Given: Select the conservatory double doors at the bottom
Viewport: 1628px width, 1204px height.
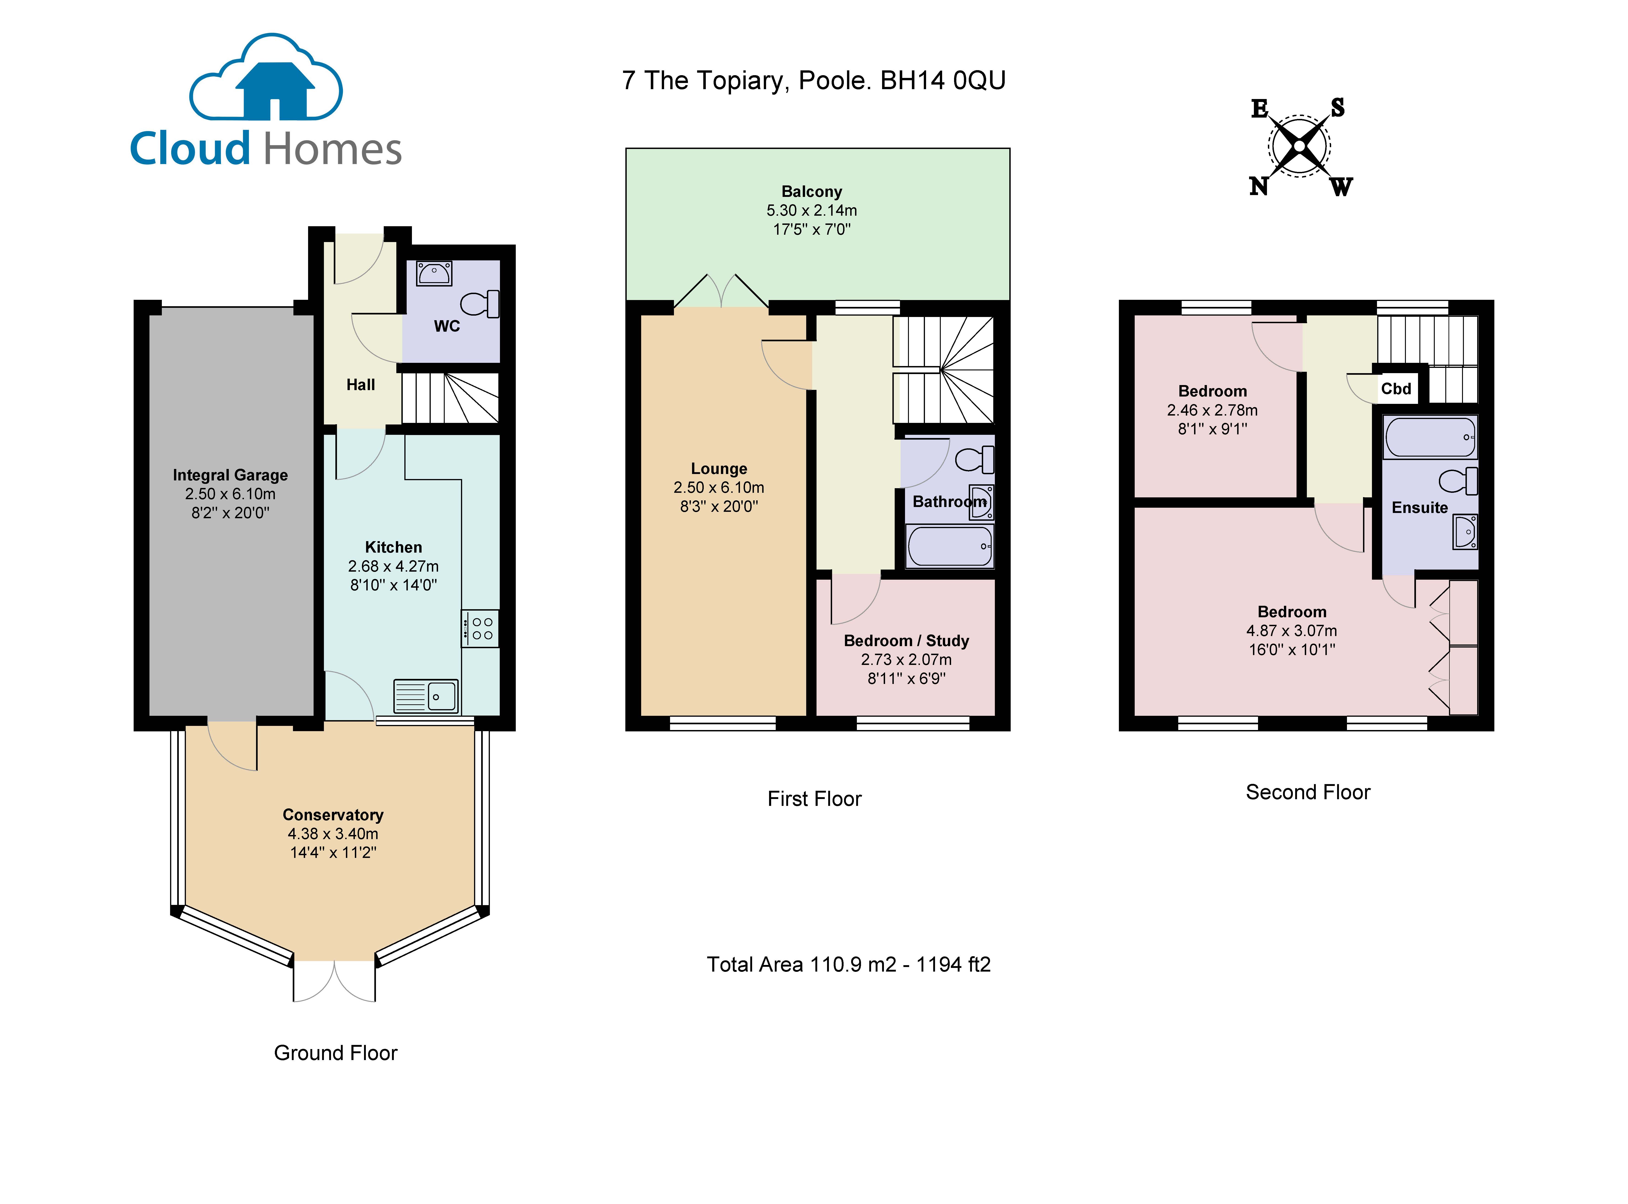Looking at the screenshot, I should point(334,981).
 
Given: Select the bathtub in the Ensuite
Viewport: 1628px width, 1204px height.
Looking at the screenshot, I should point(1430,437).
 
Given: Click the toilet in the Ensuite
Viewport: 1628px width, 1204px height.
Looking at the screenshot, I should point(1458,481).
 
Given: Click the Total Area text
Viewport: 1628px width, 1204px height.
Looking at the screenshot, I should point(848,964).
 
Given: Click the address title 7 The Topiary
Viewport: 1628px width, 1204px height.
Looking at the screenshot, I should point(813,80).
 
